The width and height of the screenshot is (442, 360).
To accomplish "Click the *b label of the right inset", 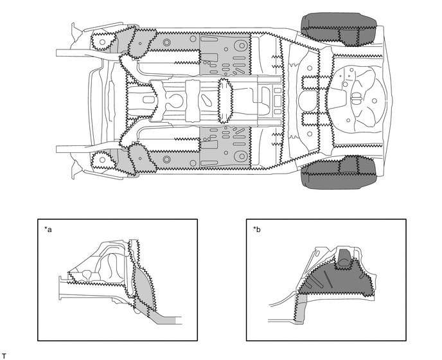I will point(257,229).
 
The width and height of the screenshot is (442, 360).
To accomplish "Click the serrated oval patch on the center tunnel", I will point(225,101).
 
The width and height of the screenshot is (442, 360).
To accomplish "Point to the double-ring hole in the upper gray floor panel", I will point(166,42).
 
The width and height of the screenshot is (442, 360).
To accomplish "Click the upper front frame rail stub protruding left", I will point(64,53).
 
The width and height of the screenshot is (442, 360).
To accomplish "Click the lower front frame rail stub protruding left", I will point(64,149).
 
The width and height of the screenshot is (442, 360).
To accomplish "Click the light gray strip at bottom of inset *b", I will point(302,312).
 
